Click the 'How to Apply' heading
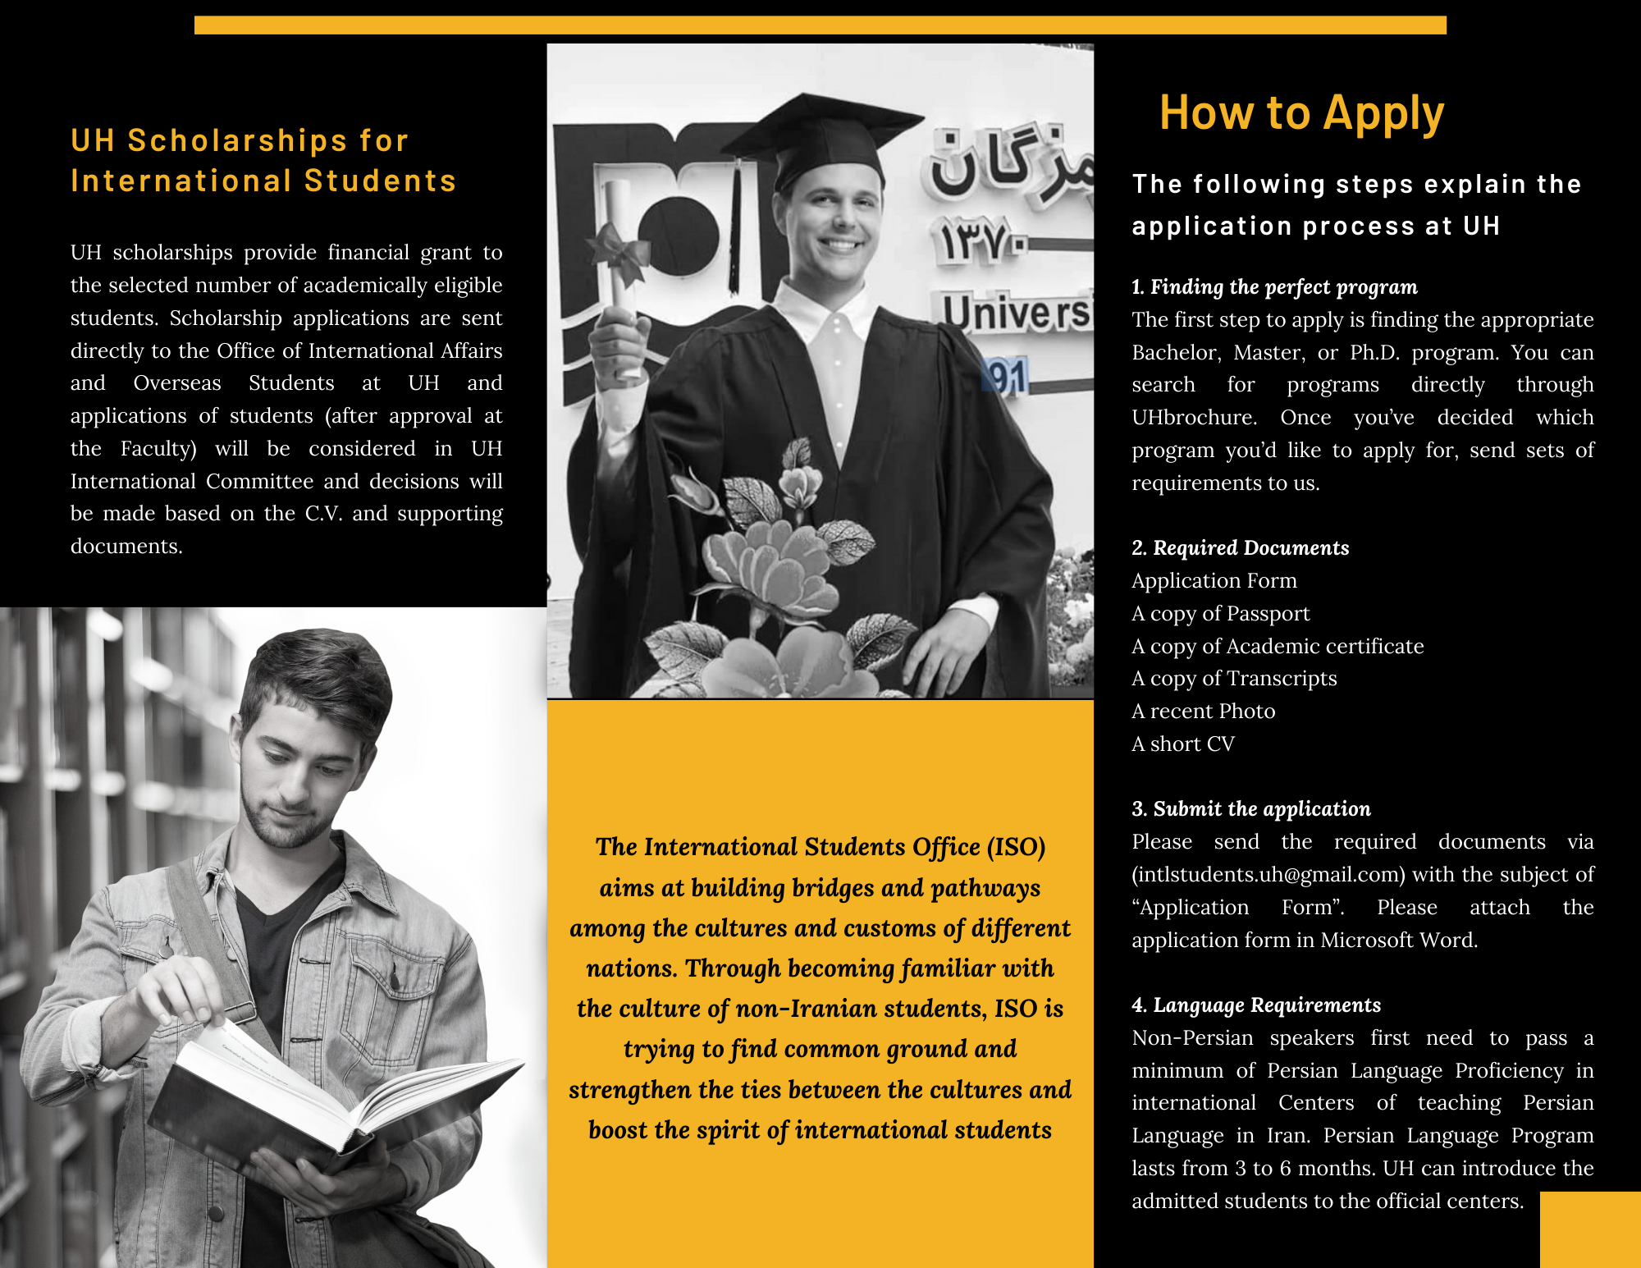click(x=1301, y=113)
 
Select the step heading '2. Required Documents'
click(x=1240, y=548)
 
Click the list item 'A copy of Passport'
click(x=1220, y=614)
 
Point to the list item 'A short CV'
click(x=1182, y=744)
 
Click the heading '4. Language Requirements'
click(x=1256, y=1005)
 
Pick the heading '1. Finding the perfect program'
click(x=1274, y=287)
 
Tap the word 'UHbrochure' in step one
click(x=1193, y=418)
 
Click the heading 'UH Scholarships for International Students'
click(x=263, y=161)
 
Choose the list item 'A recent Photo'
click(x=1203, y=712)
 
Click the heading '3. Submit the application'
click(x=1251, y=809)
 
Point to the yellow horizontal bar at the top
click(x=820, y=25)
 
